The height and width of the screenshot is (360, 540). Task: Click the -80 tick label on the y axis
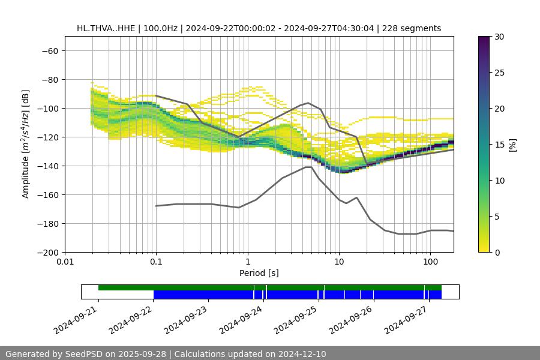(x=50, y=80)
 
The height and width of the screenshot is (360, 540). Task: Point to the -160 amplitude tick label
(x=47, y=195)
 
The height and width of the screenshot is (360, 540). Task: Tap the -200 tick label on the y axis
(x=47, y=253)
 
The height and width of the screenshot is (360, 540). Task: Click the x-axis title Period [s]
(x=259, y=274)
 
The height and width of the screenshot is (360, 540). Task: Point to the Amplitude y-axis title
(x=26, y=144)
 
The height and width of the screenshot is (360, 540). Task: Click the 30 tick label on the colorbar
(x=499, y=37)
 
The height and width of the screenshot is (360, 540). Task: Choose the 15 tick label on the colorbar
(x=499, y=145)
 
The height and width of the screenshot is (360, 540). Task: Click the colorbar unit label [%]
(x=512, y=145)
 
